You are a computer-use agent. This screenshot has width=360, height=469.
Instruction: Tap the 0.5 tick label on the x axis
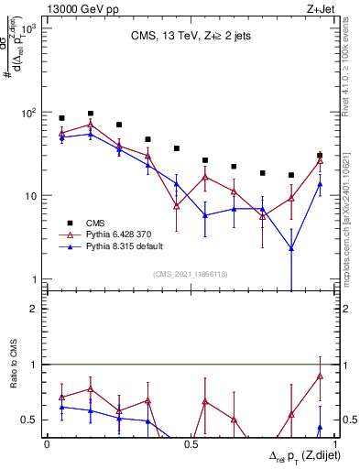click(x=191, y=443)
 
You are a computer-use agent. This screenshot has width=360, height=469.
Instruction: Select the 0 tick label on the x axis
click(x=47, y=443)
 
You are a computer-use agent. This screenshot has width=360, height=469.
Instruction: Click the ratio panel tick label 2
click(x=33, y=310)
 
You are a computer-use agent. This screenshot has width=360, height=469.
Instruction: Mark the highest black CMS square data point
click(x=90, y=114)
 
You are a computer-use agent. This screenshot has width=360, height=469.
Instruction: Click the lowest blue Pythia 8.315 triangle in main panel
click(x=290, y=248)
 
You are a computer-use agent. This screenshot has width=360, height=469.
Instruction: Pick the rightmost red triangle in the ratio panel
click(x=319, y=376)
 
